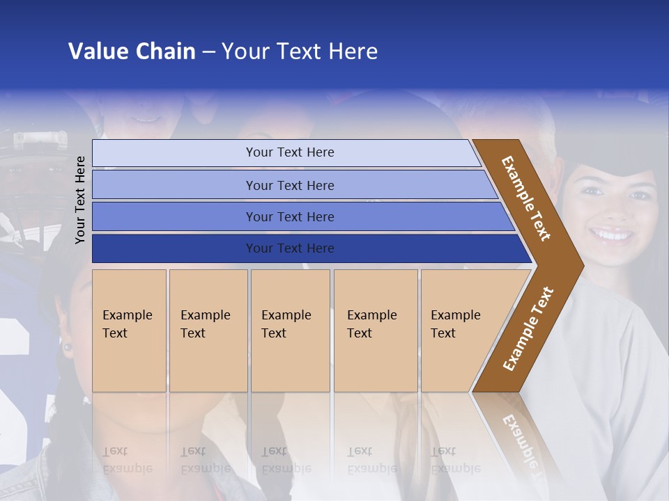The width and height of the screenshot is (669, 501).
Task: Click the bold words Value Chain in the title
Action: pyautogui.click(x=132, y=51)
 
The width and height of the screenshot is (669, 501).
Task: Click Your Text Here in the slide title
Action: pyautogui.click(x=300, y=51)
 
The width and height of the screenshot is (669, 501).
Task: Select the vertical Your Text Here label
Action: pyautogui.click(x=80, y=200)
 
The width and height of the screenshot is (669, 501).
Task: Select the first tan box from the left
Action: pyautogui.click(x=129, y=331)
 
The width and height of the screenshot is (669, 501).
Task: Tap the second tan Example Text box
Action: pyautogui.click(x=208, y=331)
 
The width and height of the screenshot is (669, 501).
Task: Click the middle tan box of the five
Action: pyautogui.click(x=290, y=331)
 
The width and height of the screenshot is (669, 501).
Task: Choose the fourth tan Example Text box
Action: pyautogui.click(x=376, y=331)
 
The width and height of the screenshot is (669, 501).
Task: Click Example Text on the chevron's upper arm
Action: pyautogui.click(x=526, y=198)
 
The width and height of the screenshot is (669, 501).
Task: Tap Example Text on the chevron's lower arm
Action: pyautogui.click(x=528, y=329)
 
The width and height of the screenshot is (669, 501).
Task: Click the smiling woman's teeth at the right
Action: pyautogui.click(x=613, y=234)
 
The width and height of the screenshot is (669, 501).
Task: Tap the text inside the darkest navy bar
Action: pyautogui.click(x=290, y=248)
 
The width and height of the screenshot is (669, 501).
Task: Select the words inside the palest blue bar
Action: pyautogui.click(x=290, y=152)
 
